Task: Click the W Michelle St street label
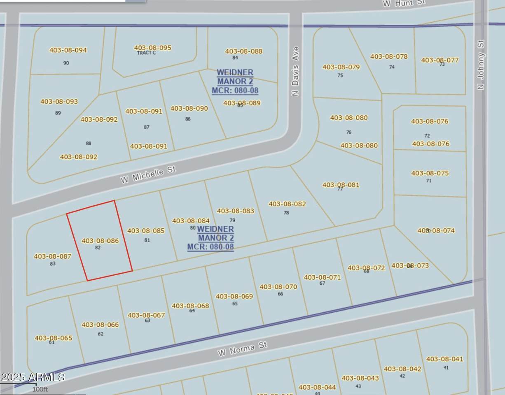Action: coord(148,174)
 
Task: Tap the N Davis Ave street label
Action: coord(295,72)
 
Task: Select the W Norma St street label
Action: coord(243,349)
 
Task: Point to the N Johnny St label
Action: coord(481,65)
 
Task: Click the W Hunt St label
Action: coord(404,3)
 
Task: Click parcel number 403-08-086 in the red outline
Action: coord(100,241)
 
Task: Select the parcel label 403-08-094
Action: coord(68,50)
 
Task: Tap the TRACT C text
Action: coord(146,53)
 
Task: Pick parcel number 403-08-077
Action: coord(440,60)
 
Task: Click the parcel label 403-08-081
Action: coord(341,185)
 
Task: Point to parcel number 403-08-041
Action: coord(444,359)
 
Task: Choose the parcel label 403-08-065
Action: coord(53,338)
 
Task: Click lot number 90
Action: coord(66,63)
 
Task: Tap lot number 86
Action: coord(188,119)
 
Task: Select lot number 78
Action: coord(286,213)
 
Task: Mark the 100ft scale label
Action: coord(40,389)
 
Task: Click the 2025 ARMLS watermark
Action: coord(33,377)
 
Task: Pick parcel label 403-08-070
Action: coord(278,287)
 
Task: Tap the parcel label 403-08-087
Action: coord(52,256)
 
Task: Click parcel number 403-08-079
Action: coord(341,67)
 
